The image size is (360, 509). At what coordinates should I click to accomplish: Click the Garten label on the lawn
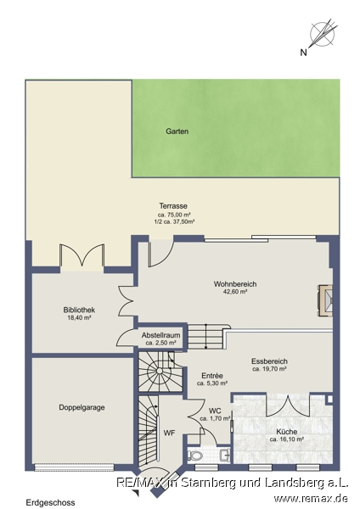click(x=177, y=131)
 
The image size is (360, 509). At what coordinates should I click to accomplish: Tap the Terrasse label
click(x=173, y=206)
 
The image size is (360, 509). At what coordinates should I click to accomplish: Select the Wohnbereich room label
click(x=235, y=284)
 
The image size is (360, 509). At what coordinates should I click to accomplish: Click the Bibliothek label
click(x=79, y=310)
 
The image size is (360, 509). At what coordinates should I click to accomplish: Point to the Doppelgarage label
click(x=82, y=407)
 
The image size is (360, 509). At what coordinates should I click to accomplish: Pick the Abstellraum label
click(x=160, y=335)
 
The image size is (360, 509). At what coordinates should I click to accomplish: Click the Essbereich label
click(x=269, y=361)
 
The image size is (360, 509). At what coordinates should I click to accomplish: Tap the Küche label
click(x=287, y=432)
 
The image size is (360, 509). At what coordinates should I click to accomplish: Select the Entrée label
click(x=212, y=376)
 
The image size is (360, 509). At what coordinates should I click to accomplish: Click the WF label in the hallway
click(x=169, y=433)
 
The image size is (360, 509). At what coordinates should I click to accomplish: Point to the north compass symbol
click(x=323, y=33)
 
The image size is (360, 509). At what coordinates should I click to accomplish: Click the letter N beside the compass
click(x=303, y=53)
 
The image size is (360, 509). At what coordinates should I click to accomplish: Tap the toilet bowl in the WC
click(x=195, y=455)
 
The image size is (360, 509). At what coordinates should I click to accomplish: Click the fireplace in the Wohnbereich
click(x=326, y=300)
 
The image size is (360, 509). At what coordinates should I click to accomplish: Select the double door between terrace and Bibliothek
click(x=82, y=256)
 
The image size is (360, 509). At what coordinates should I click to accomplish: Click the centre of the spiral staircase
click(x=160, y=371)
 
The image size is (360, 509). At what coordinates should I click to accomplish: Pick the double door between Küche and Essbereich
click(x=287, y=405)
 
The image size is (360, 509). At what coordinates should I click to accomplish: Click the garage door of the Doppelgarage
click(x=75, y=467)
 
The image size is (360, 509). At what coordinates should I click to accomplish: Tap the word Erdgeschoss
click(x=51, y=502)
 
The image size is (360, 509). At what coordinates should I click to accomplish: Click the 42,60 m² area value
click(x=235, y=292)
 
